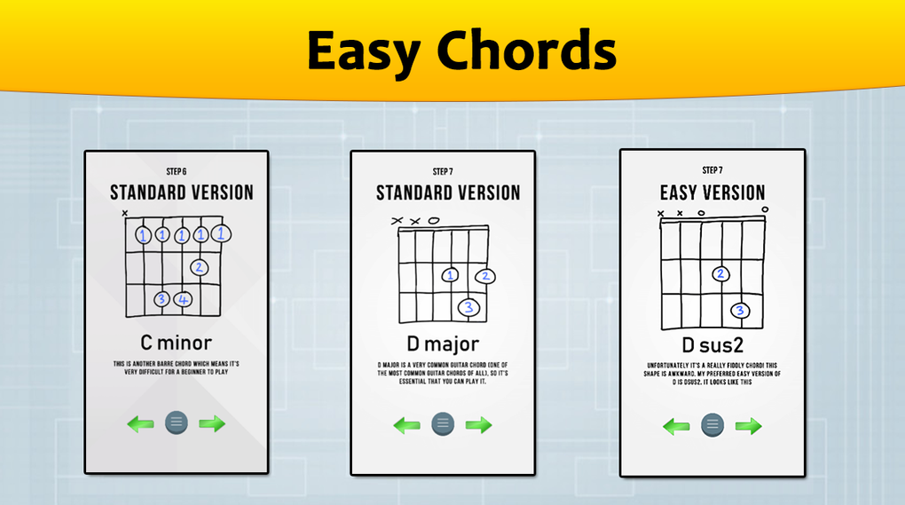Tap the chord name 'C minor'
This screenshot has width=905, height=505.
click(176, 342)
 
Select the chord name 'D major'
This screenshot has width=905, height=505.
click(442, 343)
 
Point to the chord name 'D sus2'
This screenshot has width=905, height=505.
click(712, 343)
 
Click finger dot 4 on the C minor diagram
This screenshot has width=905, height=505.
click(182, 299)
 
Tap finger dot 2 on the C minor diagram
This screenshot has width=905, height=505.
click(199, 266)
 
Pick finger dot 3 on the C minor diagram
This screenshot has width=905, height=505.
click(161, 299)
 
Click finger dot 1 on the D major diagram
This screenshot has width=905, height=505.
click(451, 276)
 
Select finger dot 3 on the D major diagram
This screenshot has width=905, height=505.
click(468, 308)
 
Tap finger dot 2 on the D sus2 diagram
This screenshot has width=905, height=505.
click(720, 274)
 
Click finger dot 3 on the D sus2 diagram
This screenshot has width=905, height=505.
click(740, 311)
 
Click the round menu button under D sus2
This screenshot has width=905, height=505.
click(711, 424)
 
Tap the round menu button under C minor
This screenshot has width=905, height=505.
click(177, 422)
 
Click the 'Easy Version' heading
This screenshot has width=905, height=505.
click(712, 193)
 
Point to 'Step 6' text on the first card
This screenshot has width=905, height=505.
click(176, 170)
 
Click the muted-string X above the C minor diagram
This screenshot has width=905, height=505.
click(125, 213)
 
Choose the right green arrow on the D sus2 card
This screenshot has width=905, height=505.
click(748, 426)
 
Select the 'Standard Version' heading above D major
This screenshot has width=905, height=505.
click(447, 193)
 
